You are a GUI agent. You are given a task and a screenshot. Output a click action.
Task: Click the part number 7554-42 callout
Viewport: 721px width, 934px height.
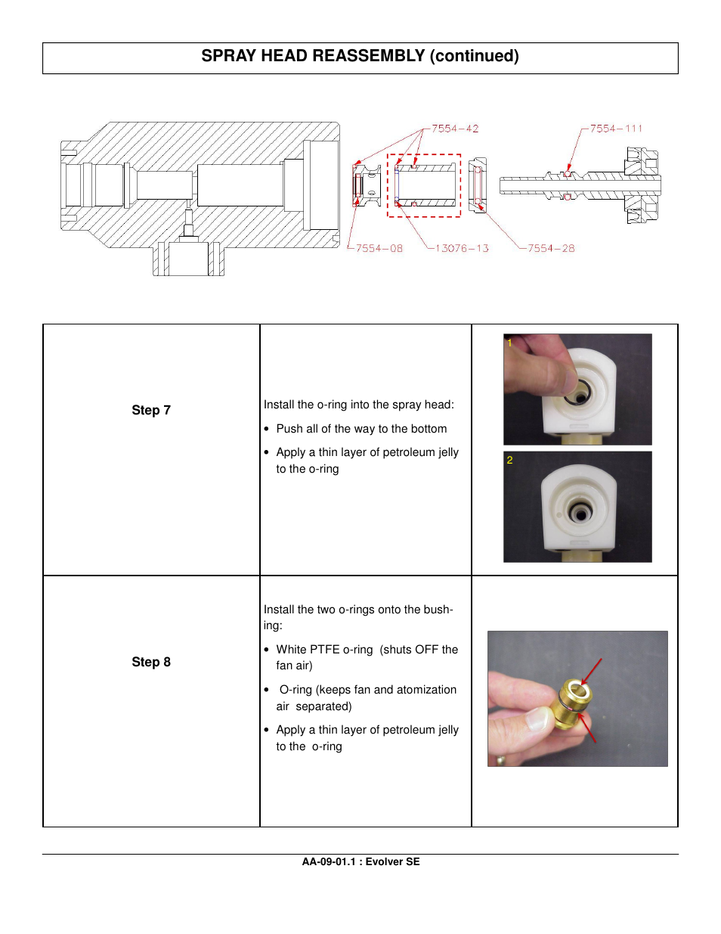coord(455,129)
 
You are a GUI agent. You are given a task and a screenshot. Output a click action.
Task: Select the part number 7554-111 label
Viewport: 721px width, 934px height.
coord(616,129)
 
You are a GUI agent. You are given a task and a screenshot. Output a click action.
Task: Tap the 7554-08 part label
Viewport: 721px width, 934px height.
coord(379,248)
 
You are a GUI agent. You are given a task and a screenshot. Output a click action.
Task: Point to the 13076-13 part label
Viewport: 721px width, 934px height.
coord(462,248)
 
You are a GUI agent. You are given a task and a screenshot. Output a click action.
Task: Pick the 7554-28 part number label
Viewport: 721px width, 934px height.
coord(551,248)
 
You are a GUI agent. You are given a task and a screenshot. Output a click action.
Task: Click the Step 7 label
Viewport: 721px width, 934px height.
coord(151,410)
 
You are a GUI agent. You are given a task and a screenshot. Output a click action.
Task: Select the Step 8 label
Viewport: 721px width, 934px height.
coord(151,662)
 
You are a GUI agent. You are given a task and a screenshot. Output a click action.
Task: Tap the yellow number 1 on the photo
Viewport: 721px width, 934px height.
coord(509,343)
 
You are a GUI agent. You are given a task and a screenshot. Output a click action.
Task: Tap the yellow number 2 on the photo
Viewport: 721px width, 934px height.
coord(509,460)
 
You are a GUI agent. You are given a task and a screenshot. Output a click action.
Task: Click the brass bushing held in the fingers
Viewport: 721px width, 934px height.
coord(574,703)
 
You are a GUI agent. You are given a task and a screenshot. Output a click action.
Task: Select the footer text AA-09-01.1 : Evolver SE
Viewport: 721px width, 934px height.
coord(360,861)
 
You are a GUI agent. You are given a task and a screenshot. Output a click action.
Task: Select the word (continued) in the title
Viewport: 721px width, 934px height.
coord(475,56)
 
